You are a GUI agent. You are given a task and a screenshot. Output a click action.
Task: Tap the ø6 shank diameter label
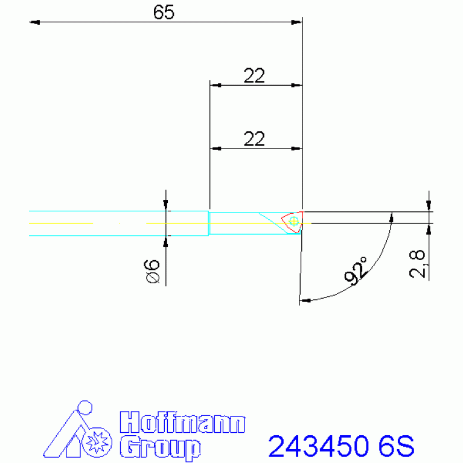point(152,271)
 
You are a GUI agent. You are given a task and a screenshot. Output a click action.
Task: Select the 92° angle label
point(357,270)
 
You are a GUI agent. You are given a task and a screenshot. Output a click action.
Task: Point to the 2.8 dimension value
point(418,264)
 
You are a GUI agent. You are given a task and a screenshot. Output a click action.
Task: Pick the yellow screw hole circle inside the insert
point(294,222)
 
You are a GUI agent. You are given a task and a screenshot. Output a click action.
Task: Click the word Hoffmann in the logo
point(182,423)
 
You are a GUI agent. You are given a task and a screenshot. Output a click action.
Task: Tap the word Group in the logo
point(160,447)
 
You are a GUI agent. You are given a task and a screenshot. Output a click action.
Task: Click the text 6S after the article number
point(396,447)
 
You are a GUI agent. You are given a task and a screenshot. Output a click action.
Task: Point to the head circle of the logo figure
point(86,407)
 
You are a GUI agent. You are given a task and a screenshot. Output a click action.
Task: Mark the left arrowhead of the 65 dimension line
point(34,22)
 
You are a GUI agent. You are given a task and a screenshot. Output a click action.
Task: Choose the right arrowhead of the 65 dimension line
point(296,22)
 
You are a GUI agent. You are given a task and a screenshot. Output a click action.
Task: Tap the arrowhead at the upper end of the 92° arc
point(392,217)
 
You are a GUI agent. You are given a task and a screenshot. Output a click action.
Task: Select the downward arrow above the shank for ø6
point(166,206)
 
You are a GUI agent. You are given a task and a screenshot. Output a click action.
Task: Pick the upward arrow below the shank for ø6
point(166,241)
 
